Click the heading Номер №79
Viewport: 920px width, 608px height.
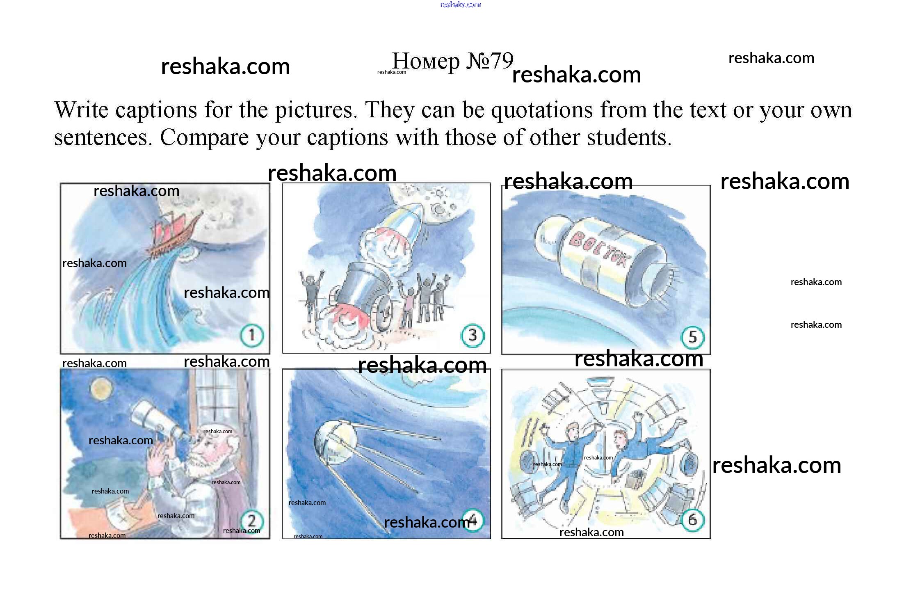452,61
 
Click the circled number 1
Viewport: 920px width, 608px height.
252,335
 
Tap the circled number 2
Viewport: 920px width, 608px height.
251,521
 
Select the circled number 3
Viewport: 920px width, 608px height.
473,336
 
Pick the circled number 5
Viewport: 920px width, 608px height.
692,337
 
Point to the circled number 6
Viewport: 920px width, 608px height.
692,520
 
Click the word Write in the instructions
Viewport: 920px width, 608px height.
81,110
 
